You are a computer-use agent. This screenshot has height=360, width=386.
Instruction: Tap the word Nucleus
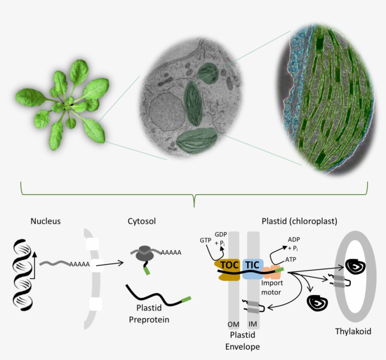click(46, 221)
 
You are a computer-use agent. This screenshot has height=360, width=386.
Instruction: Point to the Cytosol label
click(141, 221)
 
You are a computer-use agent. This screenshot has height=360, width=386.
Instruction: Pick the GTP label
click(205, 240)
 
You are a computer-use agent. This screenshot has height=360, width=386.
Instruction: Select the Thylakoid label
click(353, 331)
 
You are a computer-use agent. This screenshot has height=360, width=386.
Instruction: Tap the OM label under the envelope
click(233, 325)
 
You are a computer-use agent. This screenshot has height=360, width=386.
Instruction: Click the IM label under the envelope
click(252, 325)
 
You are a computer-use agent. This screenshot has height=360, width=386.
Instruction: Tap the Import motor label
click(271, 287)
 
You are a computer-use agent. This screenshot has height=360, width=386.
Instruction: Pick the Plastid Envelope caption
click(243, 341)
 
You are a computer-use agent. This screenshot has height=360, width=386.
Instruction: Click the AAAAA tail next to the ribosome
click(171, 253)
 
